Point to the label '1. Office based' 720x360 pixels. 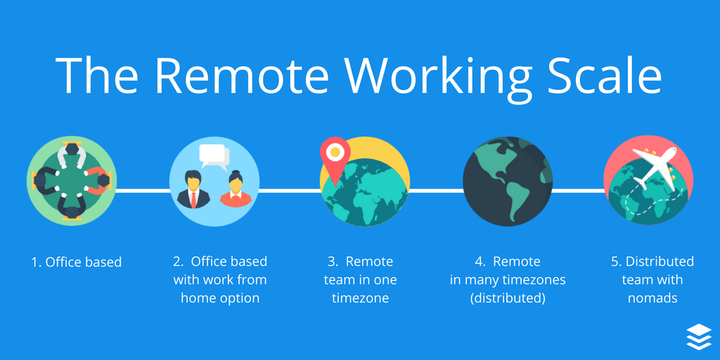click(77, 262)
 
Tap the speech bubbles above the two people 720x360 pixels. click(214, 157)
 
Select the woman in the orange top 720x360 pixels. click(236, 190)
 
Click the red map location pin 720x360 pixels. click(334, 155)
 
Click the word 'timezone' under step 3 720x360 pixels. click(361, 298)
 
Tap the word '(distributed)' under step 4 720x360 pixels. click(507, 298)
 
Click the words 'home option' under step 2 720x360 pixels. click(220, 298)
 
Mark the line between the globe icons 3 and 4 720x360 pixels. click(436, 190)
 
